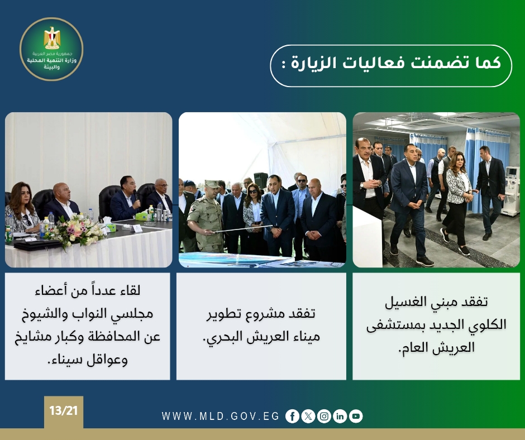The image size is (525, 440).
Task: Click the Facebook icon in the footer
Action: coord(292,416)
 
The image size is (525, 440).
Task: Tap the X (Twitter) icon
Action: coord(308,416)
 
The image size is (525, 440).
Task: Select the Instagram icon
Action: coord(324,416)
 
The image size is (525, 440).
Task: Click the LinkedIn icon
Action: coord(340,416)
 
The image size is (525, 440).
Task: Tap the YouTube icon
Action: coord(356,416)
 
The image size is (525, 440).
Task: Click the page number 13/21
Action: coord(63,410)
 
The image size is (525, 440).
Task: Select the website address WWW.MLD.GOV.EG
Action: coord(220,416)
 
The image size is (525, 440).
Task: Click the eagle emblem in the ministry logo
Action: coord(52,38)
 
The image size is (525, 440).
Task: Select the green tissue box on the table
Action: coord(142,216)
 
